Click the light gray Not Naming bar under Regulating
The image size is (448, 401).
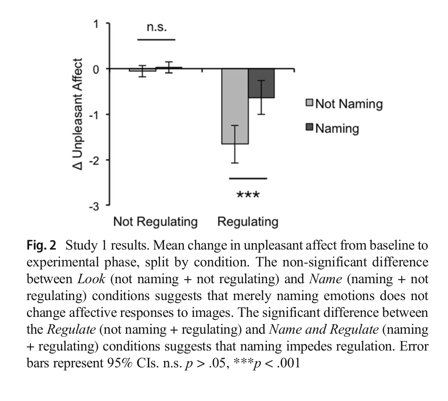click(x=235, y=106)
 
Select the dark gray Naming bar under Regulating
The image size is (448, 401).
click(x=261, y=83)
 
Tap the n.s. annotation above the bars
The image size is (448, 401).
click(x=157, y=27)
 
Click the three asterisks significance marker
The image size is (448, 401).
click(x=248, y=195)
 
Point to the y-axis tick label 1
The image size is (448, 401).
click(x=96, y=24)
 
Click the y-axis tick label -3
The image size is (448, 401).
click(x=94, y=206)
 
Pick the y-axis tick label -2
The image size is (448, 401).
click(x=94, y=160)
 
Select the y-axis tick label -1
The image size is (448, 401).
click(x=94, y=115)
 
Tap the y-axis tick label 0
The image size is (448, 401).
click(x=96, y=69)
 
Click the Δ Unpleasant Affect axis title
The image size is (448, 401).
click(x=78, y=114)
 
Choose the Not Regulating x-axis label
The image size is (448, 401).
click(x=155, y=222)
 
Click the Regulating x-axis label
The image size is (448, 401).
click(x=248, y=222)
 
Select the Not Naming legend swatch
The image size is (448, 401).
click(x=310, y=103)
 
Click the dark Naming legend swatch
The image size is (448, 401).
click(x=310, y=127)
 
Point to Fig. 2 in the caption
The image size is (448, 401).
click(x=42, y=245)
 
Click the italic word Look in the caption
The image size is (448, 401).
click(x=91, y=279)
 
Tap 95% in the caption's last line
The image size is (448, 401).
click(x=120, y=363)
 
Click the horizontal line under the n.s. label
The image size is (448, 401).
click(x=156, y=40)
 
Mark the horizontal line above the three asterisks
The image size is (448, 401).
click(x=248, y=179)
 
